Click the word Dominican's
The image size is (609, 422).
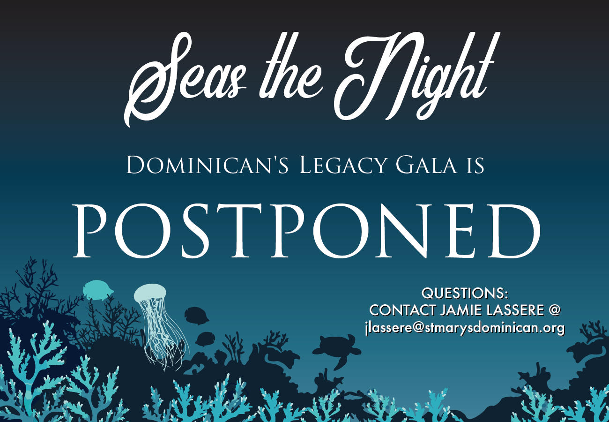tap(207, 165)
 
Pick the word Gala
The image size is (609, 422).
tap(426, 165)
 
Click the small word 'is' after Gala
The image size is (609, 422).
tap(475, 166)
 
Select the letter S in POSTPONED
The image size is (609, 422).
tap(195, 231)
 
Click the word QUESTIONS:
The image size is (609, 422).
tap(465, 294)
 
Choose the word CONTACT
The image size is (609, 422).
tap(402, 310)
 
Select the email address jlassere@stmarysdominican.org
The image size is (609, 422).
tap(465, 328)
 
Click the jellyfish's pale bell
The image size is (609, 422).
tap(150, 292)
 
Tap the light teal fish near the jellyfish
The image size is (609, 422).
tap(98, 290)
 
